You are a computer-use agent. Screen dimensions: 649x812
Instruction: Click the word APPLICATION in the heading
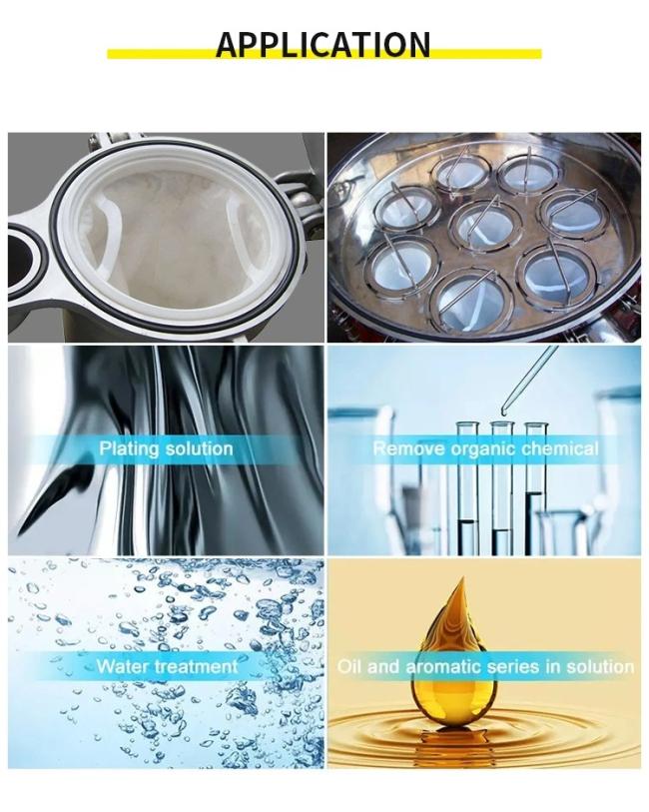(324, 45)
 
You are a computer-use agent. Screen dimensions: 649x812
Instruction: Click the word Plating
(131, 448)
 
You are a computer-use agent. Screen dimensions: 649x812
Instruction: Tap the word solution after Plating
(200, 448)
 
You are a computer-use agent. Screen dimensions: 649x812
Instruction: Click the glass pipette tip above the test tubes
(503, 412)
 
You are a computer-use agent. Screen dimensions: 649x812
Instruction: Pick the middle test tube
(501, 487)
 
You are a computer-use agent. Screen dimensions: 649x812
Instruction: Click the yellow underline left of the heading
(162, 54)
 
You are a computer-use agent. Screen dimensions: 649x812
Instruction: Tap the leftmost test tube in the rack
(467, 487)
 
